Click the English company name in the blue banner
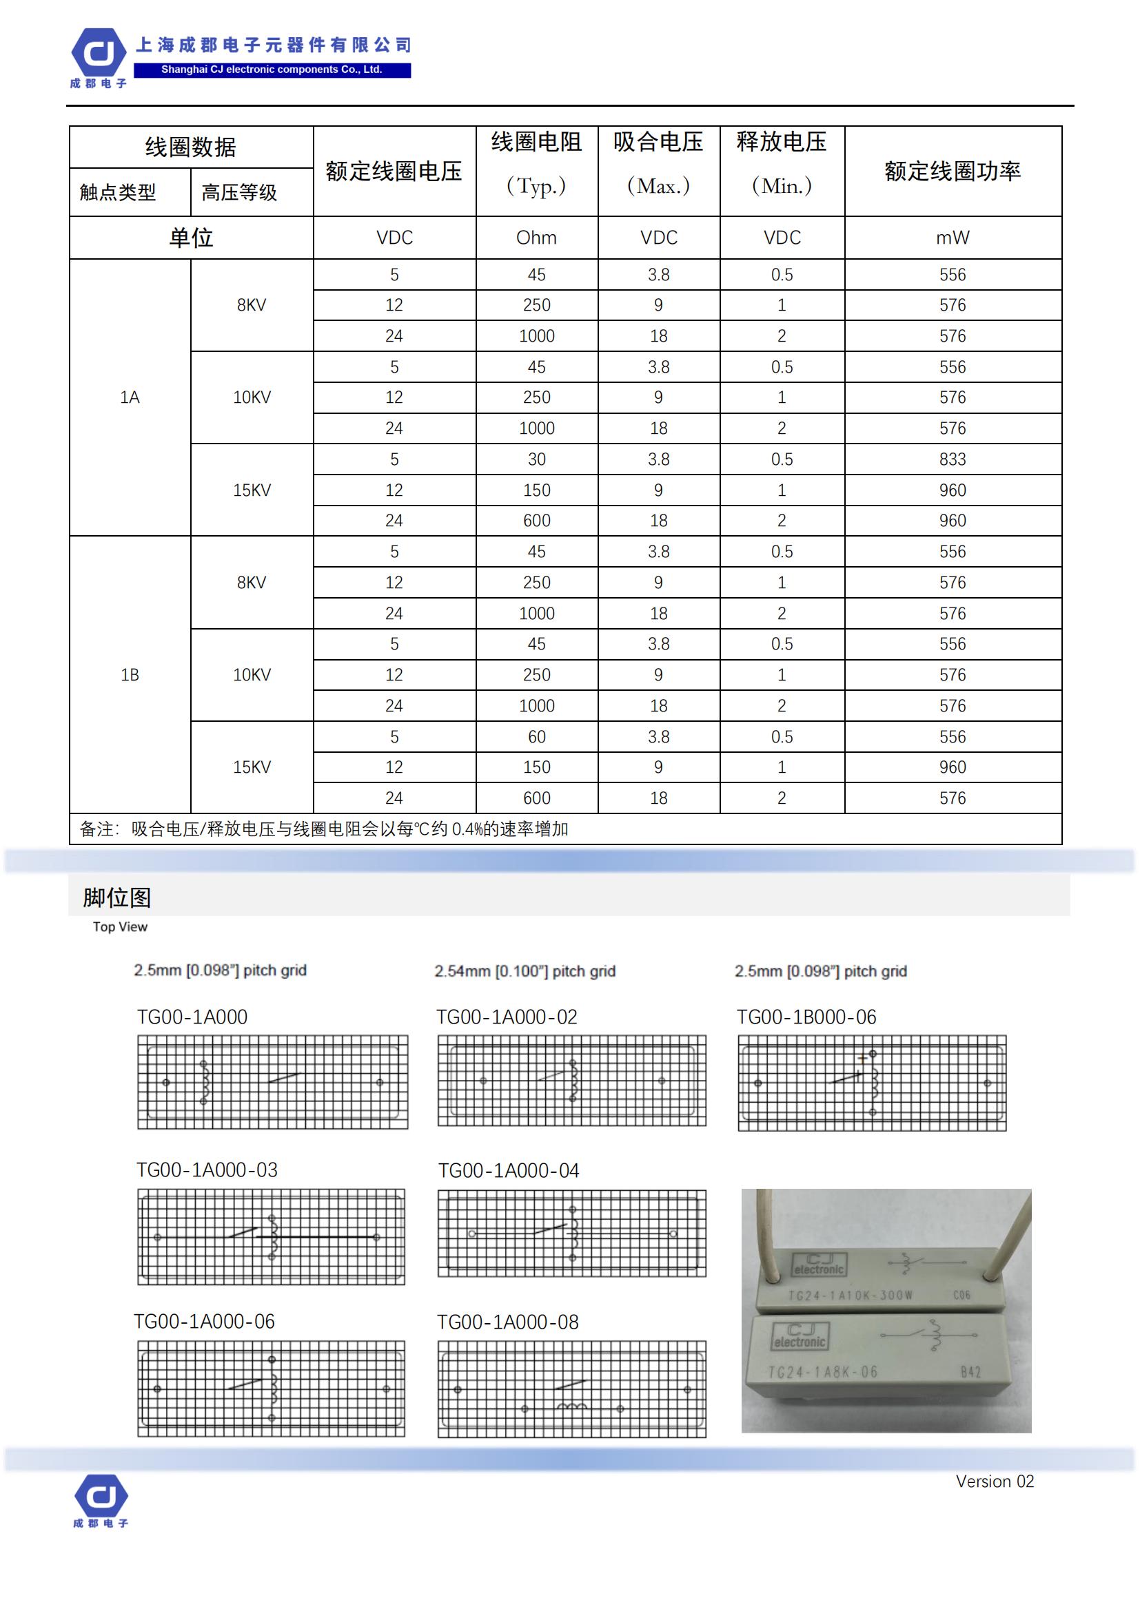pos(272,70)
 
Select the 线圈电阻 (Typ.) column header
pos(536,163)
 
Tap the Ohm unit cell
pos(536,238)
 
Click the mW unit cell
pos(952,238)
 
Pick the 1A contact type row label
pos(130,397)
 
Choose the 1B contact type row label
pos(130,674)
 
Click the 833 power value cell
pos(952,459)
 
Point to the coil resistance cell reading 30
pos(536,459)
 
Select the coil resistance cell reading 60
pos(536,737)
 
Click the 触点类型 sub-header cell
pos(117,192)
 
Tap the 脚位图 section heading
pos(116,897)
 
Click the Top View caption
pos(120,927)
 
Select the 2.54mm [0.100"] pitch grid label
pos(525,971)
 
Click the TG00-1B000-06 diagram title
pos(806,1017)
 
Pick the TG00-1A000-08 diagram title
pos(507,1322)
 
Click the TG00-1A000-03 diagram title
pos(207,1170)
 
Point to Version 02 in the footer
pos(994,1482)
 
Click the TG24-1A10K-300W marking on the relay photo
pos(850,1296)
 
